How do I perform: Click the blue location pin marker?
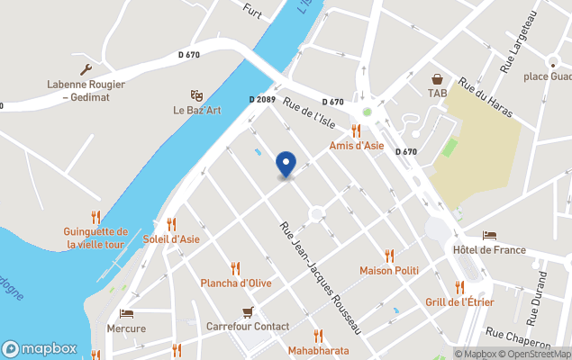286,164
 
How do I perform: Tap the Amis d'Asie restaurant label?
357,146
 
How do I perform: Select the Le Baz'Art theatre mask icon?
196,95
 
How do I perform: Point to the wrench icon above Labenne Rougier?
86,69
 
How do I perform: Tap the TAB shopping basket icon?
437,78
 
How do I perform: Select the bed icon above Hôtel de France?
489,235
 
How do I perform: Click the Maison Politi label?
389,270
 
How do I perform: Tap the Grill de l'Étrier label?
459,302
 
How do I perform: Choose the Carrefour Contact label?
248,327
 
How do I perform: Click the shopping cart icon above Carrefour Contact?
249,312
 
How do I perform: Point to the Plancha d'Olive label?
236,283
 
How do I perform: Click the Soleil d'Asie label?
171,239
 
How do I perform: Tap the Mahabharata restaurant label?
318,350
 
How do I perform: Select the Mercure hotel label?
126,328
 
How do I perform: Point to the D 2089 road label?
261,100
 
